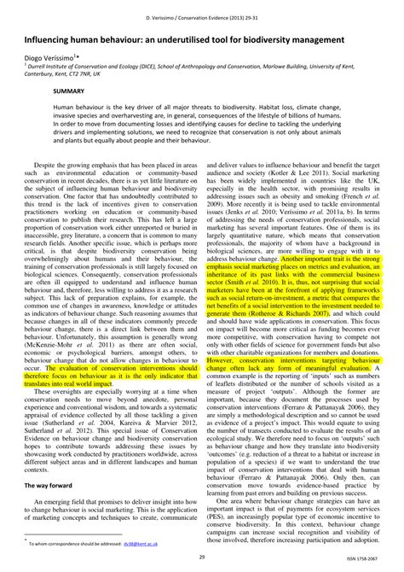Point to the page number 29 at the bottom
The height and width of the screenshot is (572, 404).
pos(201,556)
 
